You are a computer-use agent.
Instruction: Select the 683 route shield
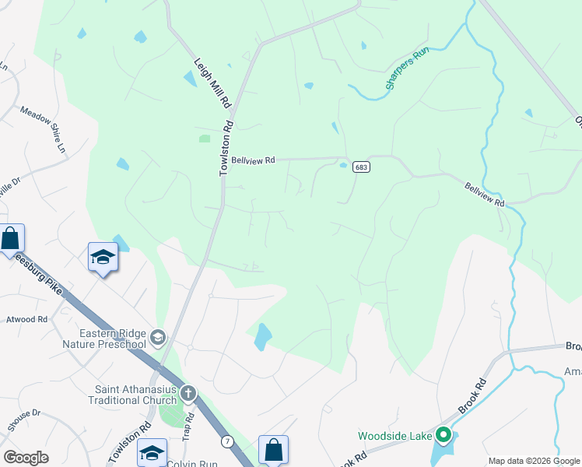point(360,167)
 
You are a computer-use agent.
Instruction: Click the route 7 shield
point(226,442)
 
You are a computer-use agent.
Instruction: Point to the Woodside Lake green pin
point(444,435)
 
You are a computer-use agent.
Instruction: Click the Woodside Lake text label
point(394,436)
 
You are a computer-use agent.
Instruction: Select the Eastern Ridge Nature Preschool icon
point(158,336)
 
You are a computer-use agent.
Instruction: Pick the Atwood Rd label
point(26,319)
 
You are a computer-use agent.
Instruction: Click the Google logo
point(26,458)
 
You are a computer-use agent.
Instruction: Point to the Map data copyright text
point(533,461)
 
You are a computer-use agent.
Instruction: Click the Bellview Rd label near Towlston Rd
point(254,160)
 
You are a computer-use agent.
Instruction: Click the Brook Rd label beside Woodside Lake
point(472,395)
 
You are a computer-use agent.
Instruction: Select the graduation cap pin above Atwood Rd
point(103,257)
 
